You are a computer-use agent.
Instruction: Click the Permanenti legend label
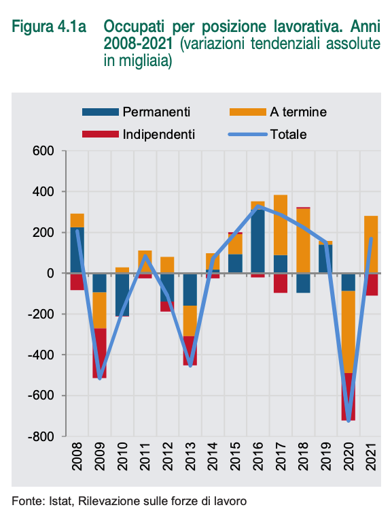click(x=156, y=112)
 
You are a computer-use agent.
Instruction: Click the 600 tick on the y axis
click(x=43, y=150)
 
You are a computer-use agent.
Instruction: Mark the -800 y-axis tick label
click(x=41, y=436)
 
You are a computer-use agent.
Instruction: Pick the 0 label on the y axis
click(x=50, y=273)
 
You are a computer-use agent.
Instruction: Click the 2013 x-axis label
click(x=190, y=456)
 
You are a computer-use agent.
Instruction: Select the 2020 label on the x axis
click(x=349, y=456)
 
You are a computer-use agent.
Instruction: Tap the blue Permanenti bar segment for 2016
click(x=258, y=241)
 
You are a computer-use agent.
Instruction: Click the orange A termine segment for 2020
click(x=349, y=332)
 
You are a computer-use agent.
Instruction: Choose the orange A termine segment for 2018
click(x=303, y=241)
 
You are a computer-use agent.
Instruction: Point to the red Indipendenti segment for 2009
click(x=100, y=353)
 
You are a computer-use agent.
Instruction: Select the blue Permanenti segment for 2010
click(x=122, y=295)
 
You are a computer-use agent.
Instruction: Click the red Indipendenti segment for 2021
click(x=371, y=285)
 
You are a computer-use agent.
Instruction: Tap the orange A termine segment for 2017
click(x=281, y=225)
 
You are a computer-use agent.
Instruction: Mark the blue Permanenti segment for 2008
click(x=77, y=251)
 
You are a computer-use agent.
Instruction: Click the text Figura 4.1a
click(x=49, y=27)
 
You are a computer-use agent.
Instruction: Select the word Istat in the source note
click(x=60, y=501)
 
